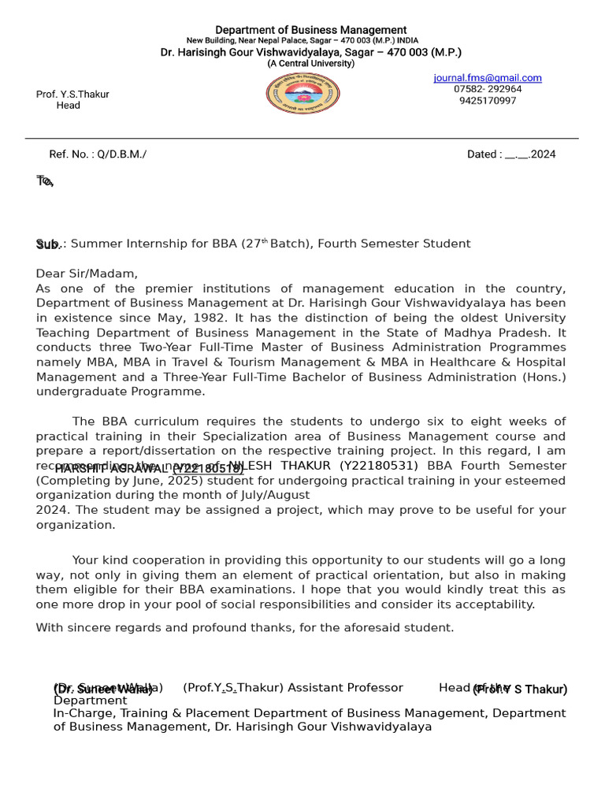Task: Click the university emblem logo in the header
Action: pyautogui.click(x=303, y=94)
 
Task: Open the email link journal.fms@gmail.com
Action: pyautogui.click(x=488, y=78)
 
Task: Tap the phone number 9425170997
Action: pyautogui.click(x=488, y=101)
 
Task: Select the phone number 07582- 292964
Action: pyautogui.click(x=488, y=89)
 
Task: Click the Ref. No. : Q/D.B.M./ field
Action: pyautogui.click(x=98, y=154)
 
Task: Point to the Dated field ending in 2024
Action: pyautogui.click(x=511, y=154)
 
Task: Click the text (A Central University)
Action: pyautogui.click(x=310, y=64)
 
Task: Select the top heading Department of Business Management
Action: pyautogui.click(x=311, y=30)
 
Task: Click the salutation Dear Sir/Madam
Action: pyautogui.click(x=87, y=273)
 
